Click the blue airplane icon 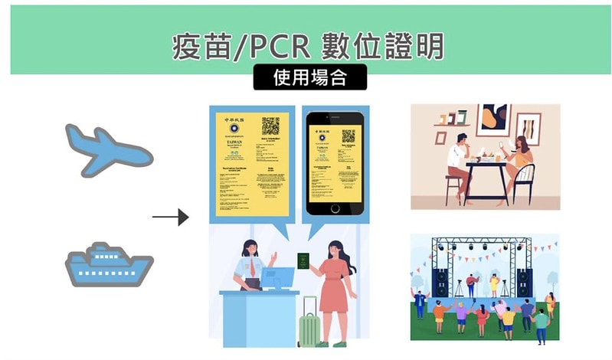(x=107, y=149)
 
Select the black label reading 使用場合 (x=309, y=77)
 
